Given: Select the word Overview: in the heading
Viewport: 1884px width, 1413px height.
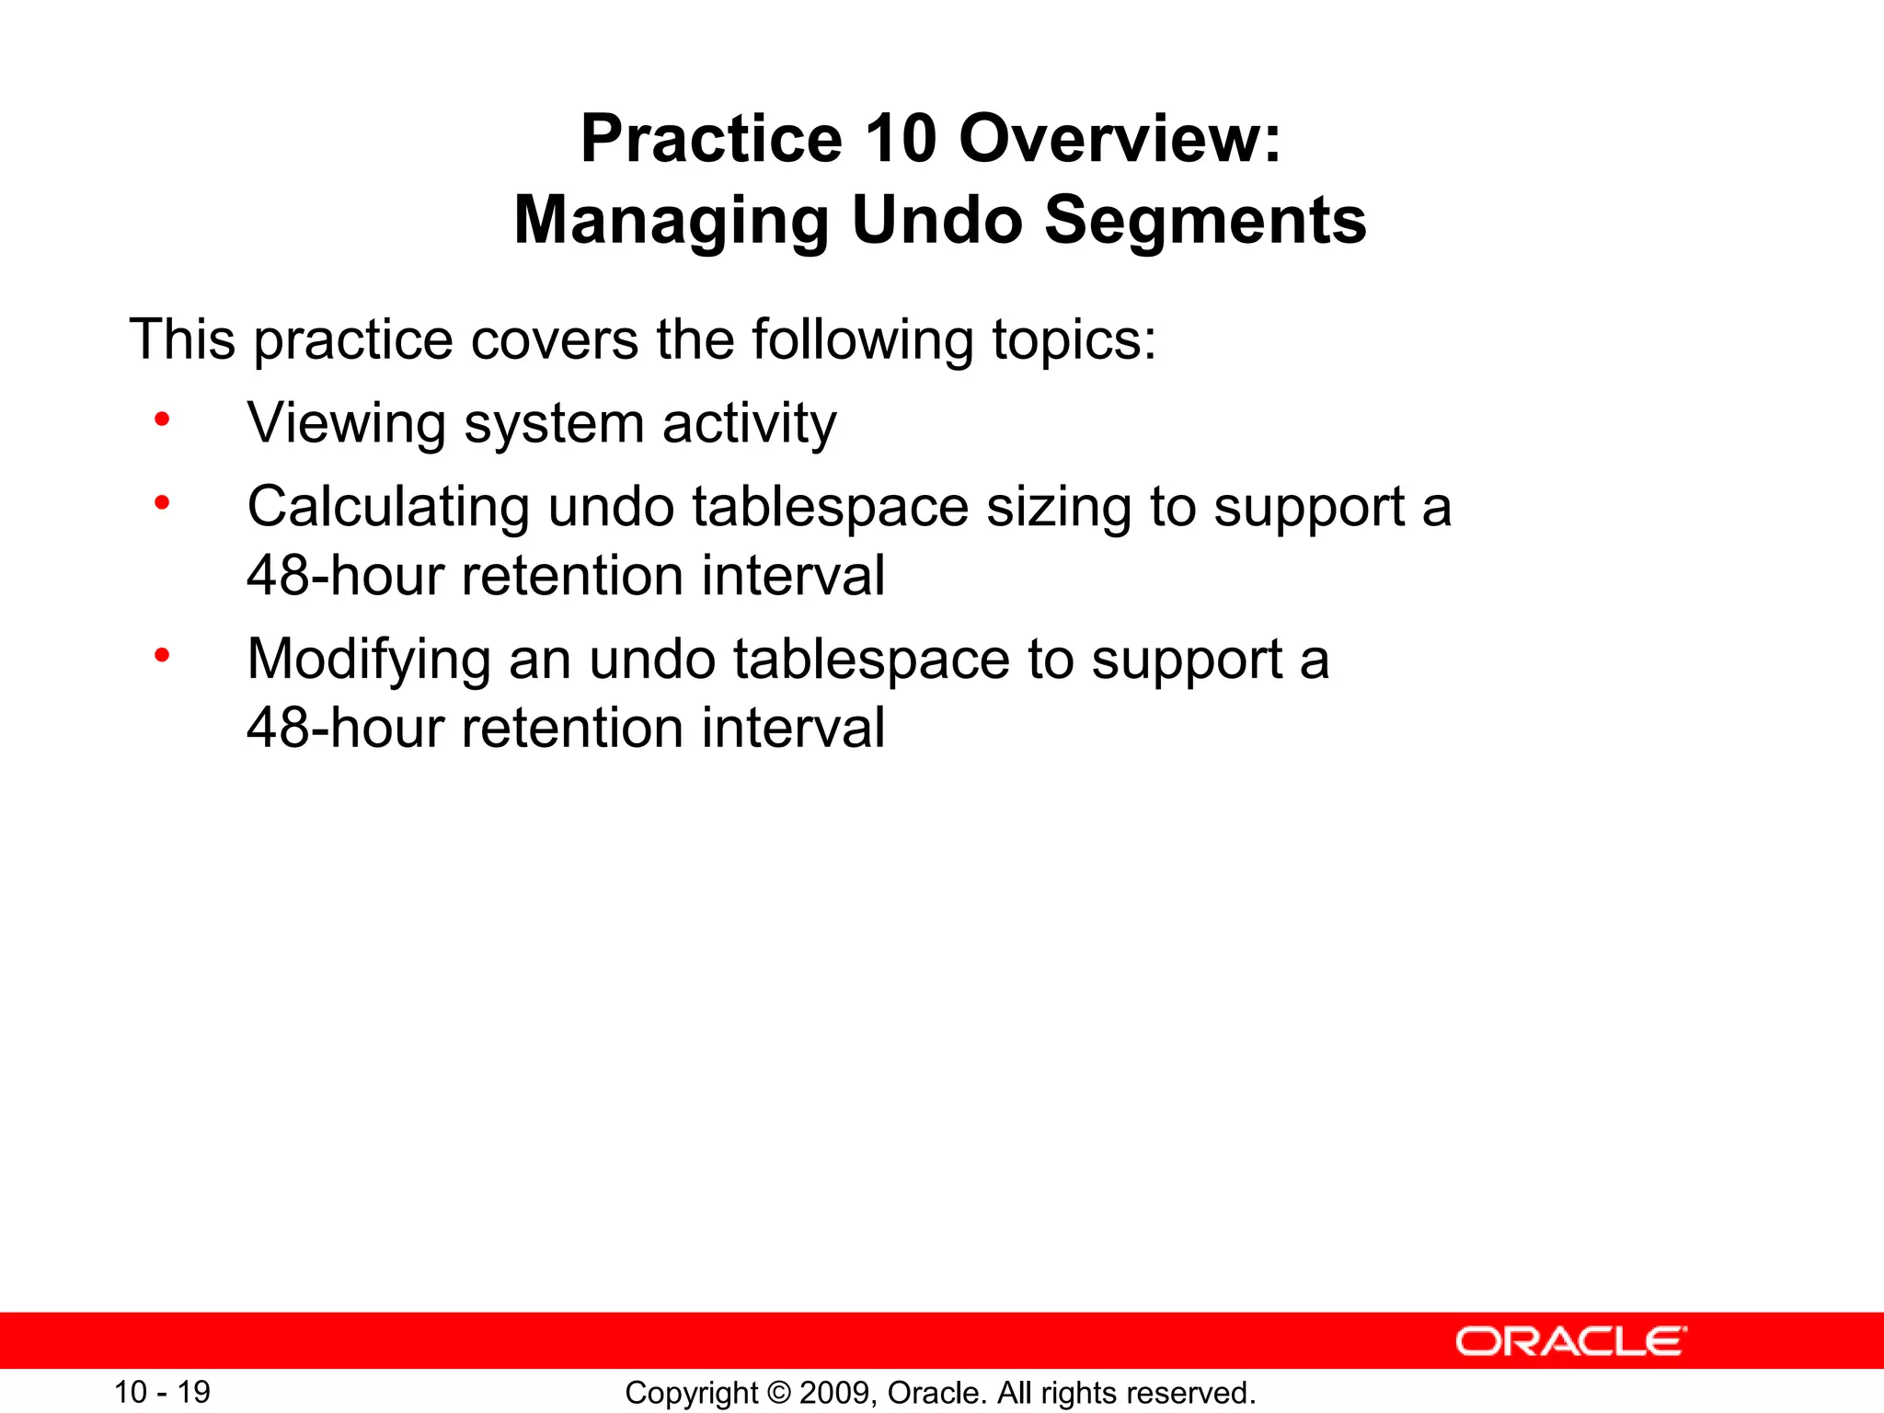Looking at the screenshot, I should click(x=1120, y=140).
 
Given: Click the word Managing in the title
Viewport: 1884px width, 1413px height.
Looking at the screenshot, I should click(x=672, y=221).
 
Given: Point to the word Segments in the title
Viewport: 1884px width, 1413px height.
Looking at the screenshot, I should click(x=1205, y=221).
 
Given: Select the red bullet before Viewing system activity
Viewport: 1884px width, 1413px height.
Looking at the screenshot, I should click(x=162, y=420).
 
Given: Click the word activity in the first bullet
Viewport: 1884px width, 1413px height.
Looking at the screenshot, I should click(x=749, y=424).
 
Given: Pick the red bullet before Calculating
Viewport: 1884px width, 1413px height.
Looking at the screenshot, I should click(x=162, y=503).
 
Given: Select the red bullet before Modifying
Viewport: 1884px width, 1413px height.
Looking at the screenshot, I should click(x=162, y=656).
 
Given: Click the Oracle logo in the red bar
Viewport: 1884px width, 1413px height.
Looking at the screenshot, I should click(x=1570, y=1341).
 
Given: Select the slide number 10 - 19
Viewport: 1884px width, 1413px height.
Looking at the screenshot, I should click(x=162, y=1392).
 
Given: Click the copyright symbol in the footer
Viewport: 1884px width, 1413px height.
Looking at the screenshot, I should click(x=778, y=1393).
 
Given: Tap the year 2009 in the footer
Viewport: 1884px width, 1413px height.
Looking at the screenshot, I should click(x=835, y=1393).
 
